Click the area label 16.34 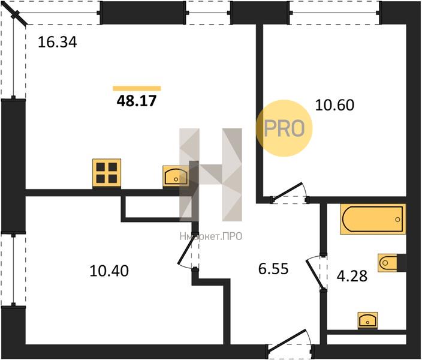coord(58,43)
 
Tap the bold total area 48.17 coord(137,101)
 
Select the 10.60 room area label coord(334,105)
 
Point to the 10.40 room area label coord(109,271)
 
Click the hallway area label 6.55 coord(273,269)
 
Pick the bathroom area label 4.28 coord(352,276)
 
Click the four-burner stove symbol coord(107,172)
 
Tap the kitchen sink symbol coord(176,176)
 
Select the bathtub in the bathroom coord(373,219)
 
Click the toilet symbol coord(389,262)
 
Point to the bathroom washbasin coord(367,320)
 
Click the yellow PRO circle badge coord(284,128)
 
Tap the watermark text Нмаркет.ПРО coord(211,236)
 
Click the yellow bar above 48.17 coord(137,88)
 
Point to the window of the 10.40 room coord(13,269)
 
